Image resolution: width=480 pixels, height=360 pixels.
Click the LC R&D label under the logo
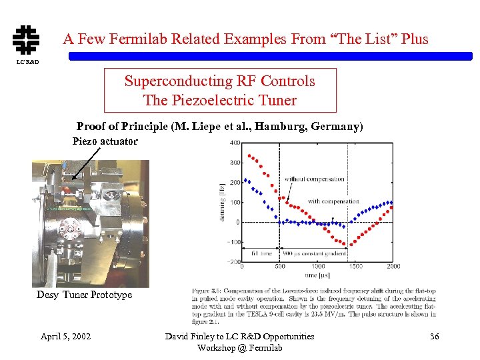click(26, 62)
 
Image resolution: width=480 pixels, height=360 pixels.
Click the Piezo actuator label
click(105, 141)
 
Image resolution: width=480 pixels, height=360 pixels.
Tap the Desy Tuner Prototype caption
click(84, 295)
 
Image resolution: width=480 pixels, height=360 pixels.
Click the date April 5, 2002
click(65, 336)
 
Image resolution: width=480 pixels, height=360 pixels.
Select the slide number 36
click(434, 336)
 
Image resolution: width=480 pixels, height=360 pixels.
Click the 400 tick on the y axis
click(235, 143)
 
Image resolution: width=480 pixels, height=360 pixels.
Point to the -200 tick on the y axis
click(233, 262)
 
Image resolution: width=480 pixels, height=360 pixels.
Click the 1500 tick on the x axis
click(356, 267)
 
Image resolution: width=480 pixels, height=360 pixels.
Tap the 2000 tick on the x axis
click(393, 267)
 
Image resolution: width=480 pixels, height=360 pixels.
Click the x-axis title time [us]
click(317, 275)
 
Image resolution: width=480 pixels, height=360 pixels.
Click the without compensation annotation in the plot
click(314, 179)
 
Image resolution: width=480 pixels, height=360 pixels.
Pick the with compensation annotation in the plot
click(333, 201)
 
